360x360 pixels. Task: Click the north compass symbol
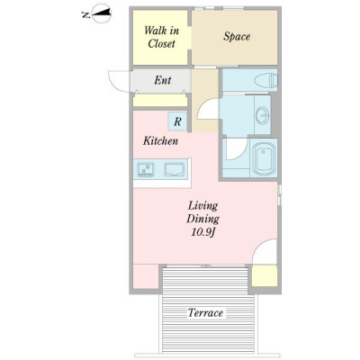102,13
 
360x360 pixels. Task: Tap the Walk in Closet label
161,37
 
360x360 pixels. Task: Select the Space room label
237,37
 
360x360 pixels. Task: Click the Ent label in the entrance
163,80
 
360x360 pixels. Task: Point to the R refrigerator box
177,121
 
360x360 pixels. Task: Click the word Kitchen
160,140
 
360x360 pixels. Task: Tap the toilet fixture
265,81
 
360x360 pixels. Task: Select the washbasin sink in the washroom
263,114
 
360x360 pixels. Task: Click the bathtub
264,158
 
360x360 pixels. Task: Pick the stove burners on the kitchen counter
146,170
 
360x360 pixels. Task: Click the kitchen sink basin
175,169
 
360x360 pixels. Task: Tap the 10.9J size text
203,232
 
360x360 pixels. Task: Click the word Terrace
205,313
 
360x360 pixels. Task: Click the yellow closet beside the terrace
265,275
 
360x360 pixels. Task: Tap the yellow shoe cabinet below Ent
160,100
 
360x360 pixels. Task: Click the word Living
202,206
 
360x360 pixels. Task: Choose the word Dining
203,219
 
